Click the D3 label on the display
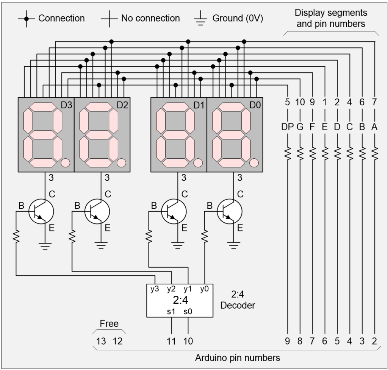pos(66,105)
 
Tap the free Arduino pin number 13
pos(101,341)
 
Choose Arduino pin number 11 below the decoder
pos(172,341)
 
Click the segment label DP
pos(288,128)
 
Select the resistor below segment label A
pos(374,153)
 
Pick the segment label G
pos(300,128)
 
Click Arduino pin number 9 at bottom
pos(288,341)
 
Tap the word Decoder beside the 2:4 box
pos(238,305)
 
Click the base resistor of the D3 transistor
pos(16,237)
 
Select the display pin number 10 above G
pos(300,102)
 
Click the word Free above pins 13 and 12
pos(109,324)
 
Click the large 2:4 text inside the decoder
pos(180,301)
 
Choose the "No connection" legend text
pos(150,18)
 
